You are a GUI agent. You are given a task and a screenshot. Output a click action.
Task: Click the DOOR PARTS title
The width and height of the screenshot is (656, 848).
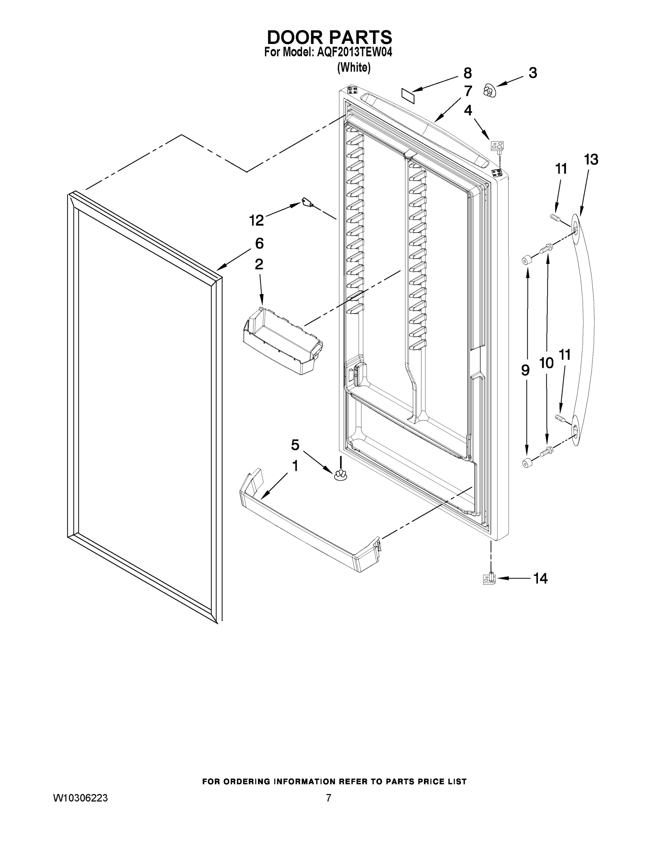click(329, 37)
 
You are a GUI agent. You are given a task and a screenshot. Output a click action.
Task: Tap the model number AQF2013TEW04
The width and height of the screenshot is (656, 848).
click(354, 52)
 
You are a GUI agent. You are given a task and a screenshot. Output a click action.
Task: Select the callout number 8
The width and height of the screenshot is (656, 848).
click(468, 73)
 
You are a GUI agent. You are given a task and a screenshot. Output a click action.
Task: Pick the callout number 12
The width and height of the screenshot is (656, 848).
click(256, 220)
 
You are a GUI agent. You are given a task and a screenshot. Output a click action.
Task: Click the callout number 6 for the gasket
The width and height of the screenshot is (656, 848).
click(259, 243)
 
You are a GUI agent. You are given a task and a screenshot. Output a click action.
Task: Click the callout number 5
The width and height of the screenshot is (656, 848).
click(295, 445)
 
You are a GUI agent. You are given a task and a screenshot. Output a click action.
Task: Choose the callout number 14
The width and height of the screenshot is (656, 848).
click(540, 578)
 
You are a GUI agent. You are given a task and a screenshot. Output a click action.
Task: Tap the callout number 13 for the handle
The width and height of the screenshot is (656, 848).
click(591, 159)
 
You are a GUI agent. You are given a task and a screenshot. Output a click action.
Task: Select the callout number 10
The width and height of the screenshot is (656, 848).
click(546, 363)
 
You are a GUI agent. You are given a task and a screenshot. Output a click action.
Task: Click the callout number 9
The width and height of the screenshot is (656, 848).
click(525, 371)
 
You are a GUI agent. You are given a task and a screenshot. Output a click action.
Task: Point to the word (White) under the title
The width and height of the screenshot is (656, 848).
click(354, 67)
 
